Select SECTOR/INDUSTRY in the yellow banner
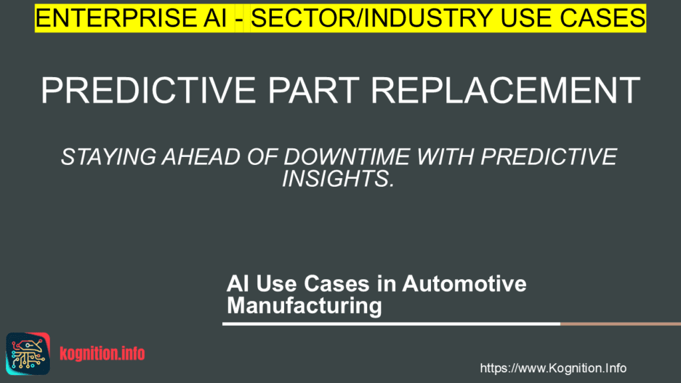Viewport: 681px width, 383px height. point(372,18)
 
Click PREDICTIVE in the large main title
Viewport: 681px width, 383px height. point(148,90)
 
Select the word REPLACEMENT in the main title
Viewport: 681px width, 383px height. point(505,90)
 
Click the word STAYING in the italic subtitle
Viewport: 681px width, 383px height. point(108,157)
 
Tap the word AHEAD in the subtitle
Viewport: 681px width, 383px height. point(201,157)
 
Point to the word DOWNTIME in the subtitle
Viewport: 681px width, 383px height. point(346,157)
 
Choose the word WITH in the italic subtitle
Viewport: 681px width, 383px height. point(445,157)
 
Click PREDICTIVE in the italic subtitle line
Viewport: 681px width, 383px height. point(549,157)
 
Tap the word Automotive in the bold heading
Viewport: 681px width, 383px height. point(464,284)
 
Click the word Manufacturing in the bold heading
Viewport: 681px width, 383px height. point(305,306)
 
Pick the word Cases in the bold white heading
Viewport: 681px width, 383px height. point(337,284)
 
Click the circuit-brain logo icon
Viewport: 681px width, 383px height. point(28,354)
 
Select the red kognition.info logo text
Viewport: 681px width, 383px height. point(102,354)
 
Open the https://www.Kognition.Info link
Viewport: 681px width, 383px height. point(553,368)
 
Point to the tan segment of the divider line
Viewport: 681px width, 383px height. point(620,324)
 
